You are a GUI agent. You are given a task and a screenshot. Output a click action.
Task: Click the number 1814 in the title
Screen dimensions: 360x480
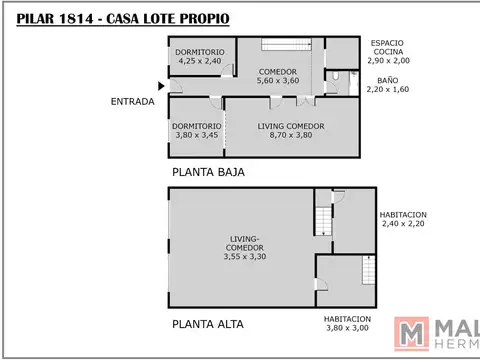(x=86, y=16)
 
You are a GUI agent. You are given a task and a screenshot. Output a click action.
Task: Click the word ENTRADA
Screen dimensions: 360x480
(x=133, y=101)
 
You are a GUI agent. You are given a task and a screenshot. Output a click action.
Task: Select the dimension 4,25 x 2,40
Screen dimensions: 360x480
(x=199, y=61)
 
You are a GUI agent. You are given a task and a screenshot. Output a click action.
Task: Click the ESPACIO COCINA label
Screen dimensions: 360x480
(x=387, y=48)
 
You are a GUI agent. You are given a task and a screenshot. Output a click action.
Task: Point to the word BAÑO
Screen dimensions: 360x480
(x=387, y=80)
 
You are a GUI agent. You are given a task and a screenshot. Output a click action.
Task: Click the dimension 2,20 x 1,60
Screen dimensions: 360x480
(x=387, y=90)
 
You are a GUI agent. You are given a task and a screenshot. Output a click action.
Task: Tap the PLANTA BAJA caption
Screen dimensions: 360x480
(x=208, y=171)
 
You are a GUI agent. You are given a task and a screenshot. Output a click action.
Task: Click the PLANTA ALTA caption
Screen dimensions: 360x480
(x=208, y=323)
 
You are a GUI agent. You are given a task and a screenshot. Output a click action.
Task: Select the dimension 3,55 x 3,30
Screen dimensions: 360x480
(x=245, y=257)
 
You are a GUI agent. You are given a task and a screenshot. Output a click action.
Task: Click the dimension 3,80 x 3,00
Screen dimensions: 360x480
(x=347, y=328)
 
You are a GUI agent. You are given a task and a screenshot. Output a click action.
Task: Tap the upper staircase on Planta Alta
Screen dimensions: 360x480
(x=323, y=215)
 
